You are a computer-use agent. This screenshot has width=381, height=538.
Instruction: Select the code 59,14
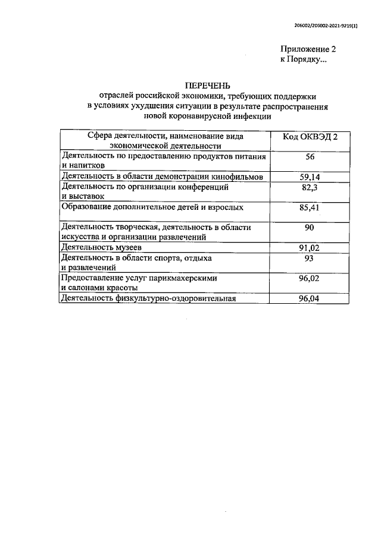click(x=310, y=177)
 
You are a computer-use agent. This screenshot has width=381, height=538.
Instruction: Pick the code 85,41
click(x=310, y=208)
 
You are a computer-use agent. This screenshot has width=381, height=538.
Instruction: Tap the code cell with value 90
click(x=310, y=228)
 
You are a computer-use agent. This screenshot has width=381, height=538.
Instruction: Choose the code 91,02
click(x=310, y=248)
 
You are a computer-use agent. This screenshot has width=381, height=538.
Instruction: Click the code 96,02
click(x=310, y=278)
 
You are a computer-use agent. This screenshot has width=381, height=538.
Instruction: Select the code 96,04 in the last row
click(x=310, y=299)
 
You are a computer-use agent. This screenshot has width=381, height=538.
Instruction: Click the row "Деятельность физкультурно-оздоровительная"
click(x=149, y=299)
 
